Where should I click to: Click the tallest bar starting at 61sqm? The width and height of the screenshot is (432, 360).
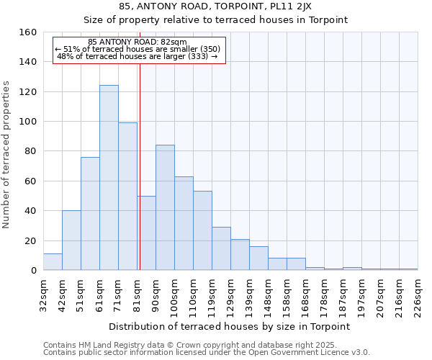coord(109,178)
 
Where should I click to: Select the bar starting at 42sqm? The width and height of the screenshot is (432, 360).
coord(71,240)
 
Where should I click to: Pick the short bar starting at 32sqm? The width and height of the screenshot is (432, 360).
coord(53,262)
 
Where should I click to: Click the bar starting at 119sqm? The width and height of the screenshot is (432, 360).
coord(221,248)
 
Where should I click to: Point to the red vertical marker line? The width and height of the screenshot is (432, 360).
coord(140,166)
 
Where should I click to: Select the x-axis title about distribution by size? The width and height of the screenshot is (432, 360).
coord(230,326)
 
